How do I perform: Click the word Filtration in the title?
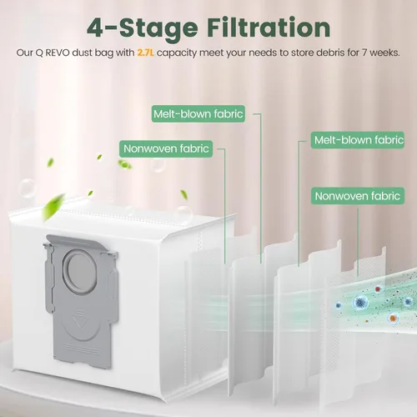point(269,28)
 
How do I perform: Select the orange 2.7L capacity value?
point(145,53)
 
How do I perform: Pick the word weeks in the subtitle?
point(384,53)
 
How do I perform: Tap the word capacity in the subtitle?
point(177,53)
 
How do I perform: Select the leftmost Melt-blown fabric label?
point(198,113)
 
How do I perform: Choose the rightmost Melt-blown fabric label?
point(358,140)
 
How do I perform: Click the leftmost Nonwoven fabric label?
point(166,148)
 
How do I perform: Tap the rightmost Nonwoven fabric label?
point(358,196)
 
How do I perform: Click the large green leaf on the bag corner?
point(53,206)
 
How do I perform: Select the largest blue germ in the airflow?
point(360,302)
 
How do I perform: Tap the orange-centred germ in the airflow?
point(393,318)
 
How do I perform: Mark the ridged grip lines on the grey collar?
point(81,349)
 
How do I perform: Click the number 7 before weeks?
point(364,53)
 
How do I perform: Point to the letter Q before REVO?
point(39,53)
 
